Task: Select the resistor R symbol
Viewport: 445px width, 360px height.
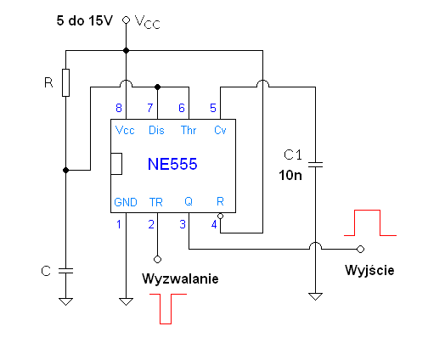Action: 66,83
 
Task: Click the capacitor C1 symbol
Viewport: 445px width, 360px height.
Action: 315,164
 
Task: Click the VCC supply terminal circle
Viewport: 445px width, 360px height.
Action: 127,19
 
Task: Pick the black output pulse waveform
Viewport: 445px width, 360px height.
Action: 369,223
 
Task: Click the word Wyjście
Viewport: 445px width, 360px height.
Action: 369,270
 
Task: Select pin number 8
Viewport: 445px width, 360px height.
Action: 121,108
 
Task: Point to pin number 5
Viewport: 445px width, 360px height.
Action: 213,108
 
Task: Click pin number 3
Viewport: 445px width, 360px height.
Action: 182,224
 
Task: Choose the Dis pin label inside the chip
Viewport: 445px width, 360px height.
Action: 157,130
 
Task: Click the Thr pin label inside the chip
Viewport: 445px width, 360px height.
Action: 188,130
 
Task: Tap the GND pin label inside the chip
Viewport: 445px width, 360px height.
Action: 125,202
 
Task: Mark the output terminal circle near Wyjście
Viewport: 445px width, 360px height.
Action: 360,249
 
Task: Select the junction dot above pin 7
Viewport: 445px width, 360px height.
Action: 157,86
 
